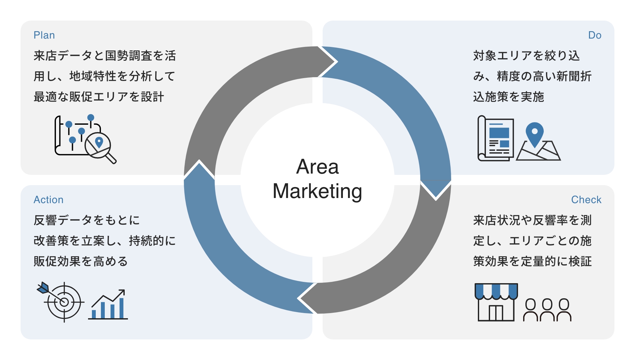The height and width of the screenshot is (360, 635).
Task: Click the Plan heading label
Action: point(44,35)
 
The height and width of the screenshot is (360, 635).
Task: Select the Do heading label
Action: point(595,35)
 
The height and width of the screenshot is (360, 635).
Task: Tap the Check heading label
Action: point(586,200)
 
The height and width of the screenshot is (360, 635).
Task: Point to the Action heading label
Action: point(49,200)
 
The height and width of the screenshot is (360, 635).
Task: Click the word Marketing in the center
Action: point(317,191)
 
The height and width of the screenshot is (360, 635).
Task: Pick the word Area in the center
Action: point(317,167)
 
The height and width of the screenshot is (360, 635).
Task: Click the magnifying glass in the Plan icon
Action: point(100,146)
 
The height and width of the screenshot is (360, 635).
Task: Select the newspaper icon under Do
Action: point(496,139)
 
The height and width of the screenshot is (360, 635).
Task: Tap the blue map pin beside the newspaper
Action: point(534,133)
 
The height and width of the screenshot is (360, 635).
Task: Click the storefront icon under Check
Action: point(496,302)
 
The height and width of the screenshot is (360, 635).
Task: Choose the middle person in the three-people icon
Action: point(547,310)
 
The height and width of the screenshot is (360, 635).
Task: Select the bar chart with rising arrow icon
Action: point(108,305)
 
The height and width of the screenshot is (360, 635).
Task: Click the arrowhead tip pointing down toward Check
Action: point(436,199)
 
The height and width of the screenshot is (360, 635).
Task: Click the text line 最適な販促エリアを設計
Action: point(99,97)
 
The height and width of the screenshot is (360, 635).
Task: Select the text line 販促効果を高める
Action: point(81,261)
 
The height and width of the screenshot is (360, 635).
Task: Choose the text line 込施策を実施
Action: point(508,97)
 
